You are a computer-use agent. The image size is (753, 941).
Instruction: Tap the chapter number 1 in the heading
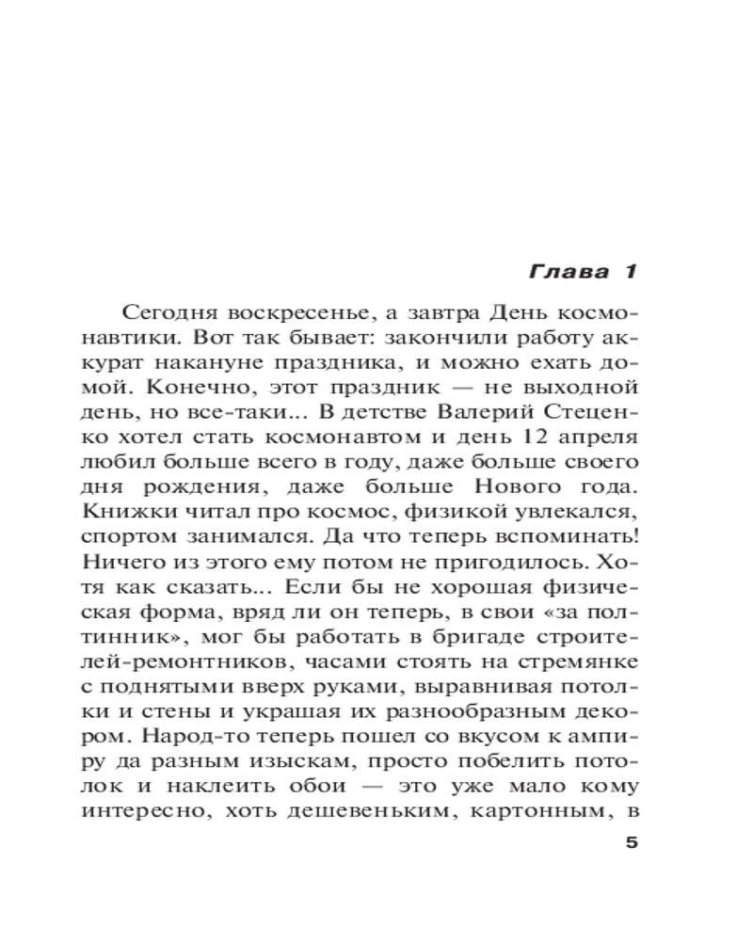pos(628,273)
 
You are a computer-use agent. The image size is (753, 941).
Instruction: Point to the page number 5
pos(631,842)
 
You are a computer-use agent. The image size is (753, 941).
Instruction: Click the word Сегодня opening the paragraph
pos(162,312)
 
